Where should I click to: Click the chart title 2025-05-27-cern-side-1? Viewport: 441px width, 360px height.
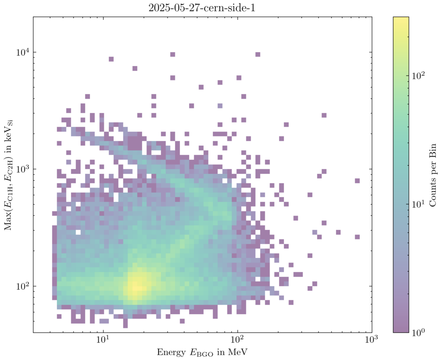point(202,7)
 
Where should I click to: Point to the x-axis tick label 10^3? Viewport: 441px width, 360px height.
point(371,341)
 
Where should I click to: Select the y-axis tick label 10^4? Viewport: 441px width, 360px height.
point(22,52)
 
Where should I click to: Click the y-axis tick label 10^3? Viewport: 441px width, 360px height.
point(22,169)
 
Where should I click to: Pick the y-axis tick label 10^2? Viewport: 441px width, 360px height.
point(22,286)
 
